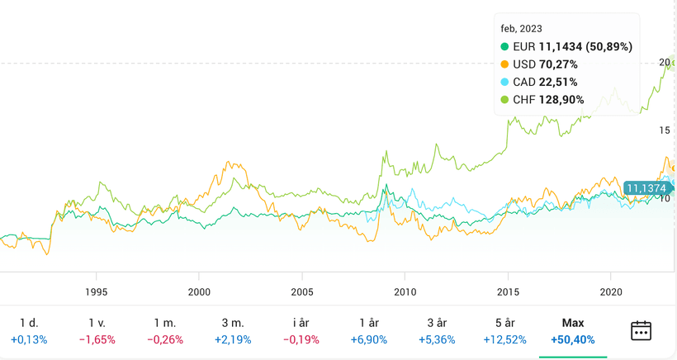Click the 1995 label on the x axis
coord(97,291)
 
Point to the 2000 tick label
coord(199,291)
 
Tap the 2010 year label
coord(405,291)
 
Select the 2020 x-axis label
coord(610,291)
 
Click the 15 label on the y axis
coord(665,130)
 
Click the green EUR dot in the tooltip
coord(505,46)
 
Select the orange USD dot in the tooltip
coord(505,64)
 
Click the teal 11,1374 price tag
coord(646,188)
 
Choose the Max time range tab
coord(572,323)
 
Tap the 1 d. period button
coord(29,323)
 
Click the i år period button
coord(301,323)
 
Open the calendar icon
coord(641,330)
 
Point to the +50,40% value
coord(572,339)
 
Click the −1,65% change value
coord(97,339)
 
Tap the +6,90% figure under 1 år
coord(368,339)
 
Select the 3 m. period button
coord(233,323)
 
